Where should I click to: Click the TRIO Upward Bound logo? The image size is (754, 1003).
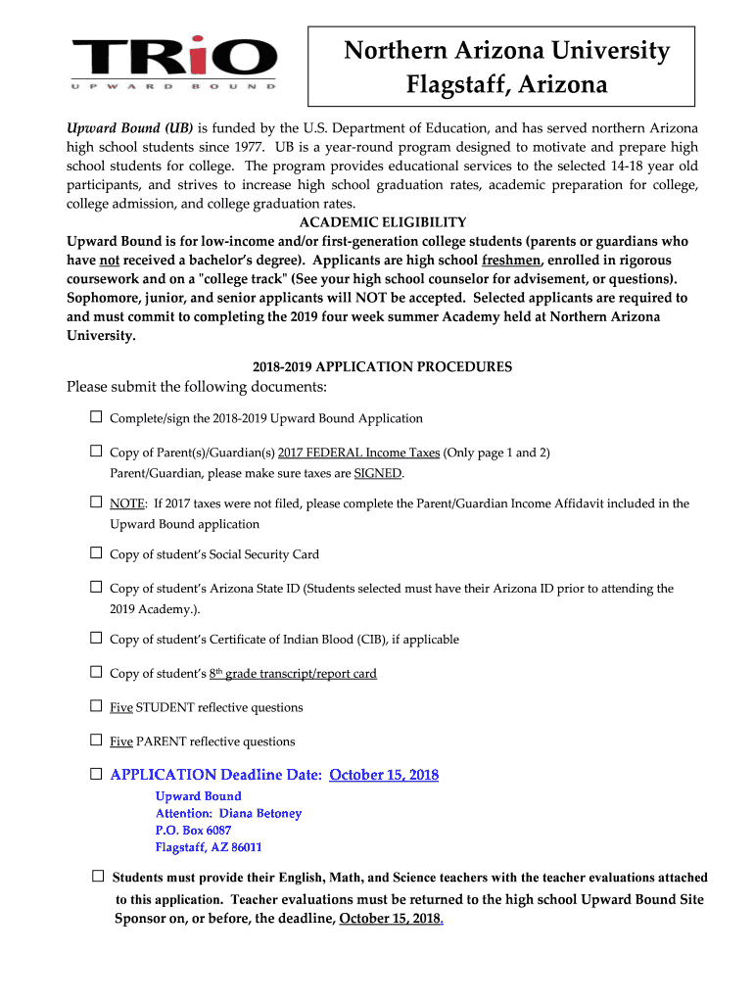(x=174, y=62)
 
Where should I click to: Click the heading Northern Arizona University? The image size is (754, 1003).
(x=506, y=51)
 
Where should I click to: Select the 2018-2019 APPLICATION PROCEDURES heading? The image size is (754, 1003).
(x=382, y=367)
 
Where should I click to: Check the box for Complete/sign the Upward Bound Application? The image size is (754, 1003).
(x=96, y=417)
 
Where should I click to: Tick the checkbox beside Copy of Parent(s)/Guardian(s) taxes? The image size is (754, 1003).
(x=96, y=452)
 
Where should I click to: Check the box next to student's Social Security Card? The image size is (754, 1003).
(x=96, y=553)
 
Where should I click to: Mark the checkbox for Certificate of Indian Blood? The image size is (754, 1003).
(x=96, y=639)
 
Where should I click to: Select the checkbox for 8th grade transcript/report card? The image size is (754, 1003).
(x=96, y=672)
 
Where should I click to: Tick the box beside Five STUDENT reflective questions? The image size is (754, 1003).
(x=96, y=706)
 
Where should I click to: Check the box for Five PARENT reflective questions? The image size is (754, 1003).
(x=96, y=740)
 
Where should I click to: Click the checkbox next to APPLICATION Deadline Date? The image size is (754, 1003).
(x=96, y=774)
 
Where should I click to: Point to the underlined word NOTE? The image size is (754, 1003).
(x=127, y=503)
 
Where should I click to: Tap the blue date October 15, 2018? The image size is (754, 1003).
(x=384, y=775)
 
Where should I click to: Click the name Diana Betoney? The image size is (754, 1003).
(x=259, y=813)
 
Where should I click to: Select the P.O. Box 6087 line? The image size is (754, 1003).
(x=193, y=831)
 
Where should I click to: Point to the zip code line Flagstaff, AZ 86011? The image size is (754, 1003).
(x=209, y=847)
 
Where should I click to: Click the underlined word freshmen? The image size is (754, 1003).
(x=512, y=260)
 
